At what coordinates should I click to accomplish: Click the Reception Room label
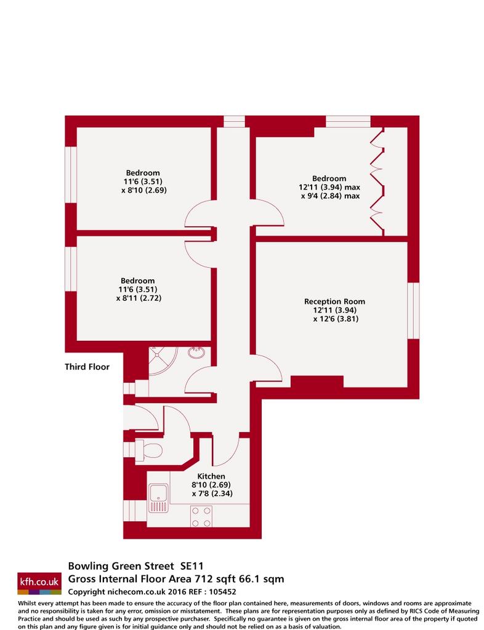[x=334, y=301]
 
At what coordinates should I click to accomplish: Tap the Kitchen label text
[x=211, y=476]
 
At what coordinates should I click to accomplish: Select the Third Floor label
[x=87, y=367]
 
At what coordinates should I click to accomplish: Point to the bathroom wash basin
[x=196, y=353]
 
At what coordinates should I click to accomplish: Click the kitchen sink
[x=158, y=498]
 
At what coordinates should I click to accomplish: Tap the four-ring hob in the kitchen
[x=201, y=517]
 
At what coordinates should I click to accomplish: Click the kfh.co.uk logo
[x=39, y=583]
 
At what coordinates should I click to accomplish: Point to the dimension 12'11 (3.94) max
[x=329, y=187]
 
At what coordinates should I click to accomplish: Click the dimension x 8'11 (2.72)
[x=139, y=298]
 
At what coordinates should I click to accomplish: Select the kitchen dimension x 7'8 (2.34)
[x=212, y=493]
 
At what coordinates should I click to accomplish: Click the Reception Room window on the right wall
[x=414, y=311]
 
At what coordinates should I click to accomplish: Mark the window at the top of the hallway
[x=234, y=121]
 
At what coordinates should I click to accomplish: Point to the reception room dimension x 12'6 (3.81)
[x=336, y=319]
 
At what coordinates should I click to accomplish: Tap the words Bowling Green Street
[x=121, y=566]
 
